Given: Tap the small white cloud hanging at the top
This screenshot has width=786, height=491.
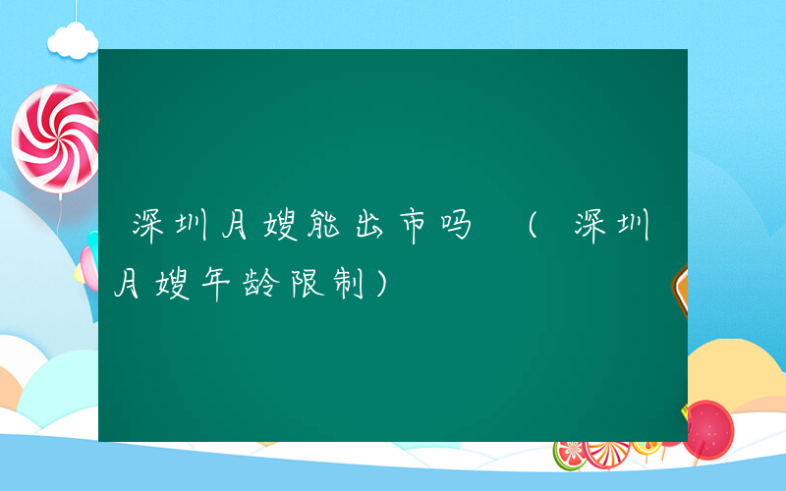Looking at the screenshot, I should (x=73, y=39).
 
